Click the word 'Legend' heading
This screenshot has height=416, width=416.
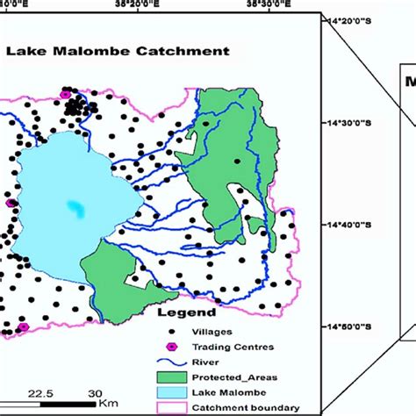coord(186,312)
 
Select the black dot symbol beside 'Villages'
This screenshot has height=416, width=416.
coord(172,332)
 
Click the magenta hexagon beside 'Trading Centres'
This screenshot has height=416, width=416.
coord(172,347)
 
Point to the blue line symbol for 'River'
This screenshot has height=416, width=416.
coord(172,362)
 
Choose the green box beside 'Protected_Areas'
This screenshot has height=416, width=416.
coord(172,377)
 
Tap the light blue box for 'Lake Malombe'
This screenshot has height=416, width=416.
coord(172,391)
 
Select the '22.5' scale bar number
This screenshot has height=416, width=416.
coord(42,392)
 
